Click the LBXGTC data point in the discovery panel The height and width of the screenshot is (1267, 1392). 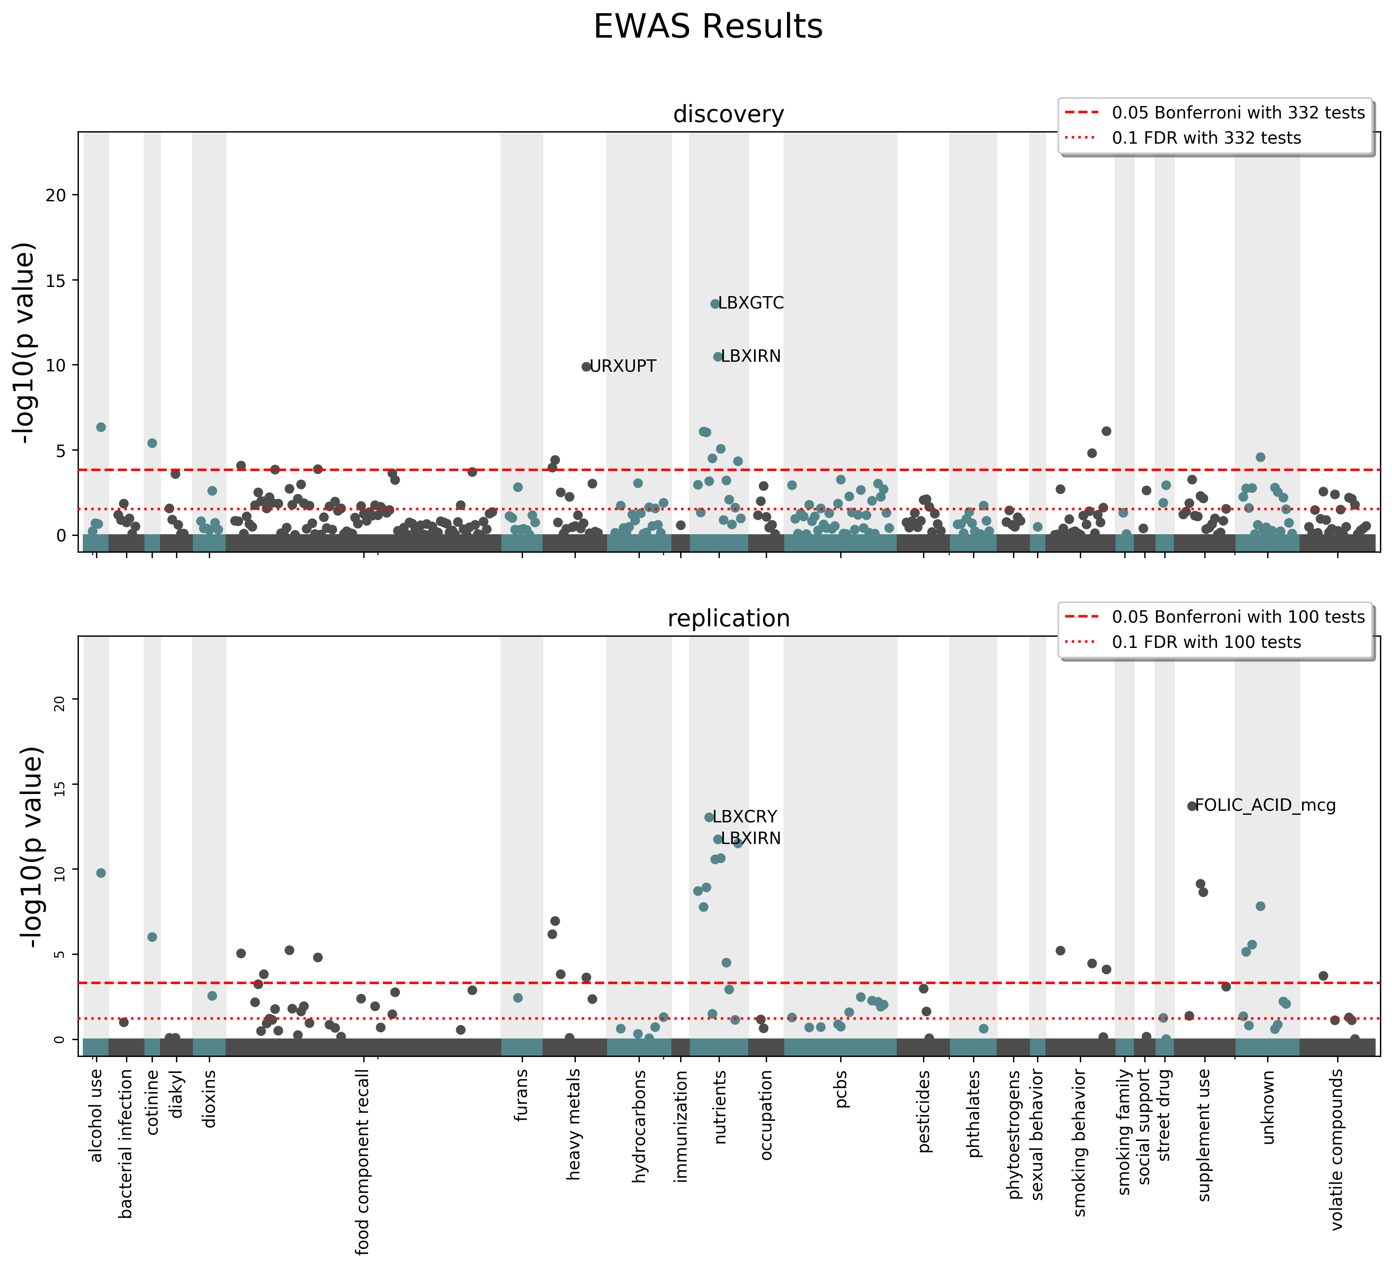[x=715, y=304]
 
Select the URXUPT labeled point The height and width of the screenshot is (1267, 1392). [x=586, y=367]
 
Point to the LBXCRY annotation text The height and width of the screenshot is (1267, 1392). [x=744, y=817]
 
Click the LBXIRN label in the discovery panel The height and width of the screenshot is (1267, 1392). [x=751, y=356]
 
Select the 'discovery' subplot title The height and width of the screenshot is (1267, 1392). [x=729, y=114]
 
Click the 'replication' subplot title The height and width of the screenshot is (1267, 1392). [x=729, y=618]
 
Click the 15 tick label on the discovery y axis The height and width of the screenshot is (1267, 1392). [x=57, y=280]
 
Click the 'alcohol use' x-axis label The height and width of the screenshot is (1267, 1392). [x=96, y=1115]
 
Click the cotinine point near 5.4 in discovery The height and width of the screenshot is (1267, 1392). [x=152, y=443]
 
